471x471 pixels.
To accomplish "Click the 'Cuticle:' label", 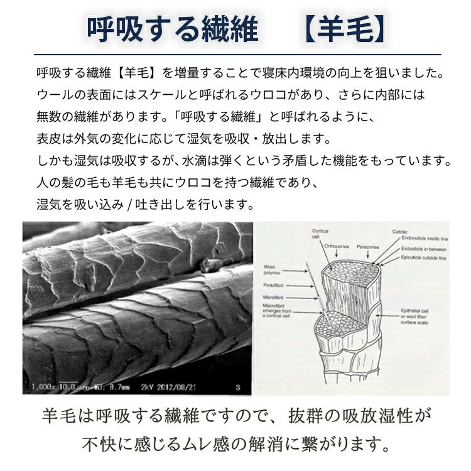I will (401, 231).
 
